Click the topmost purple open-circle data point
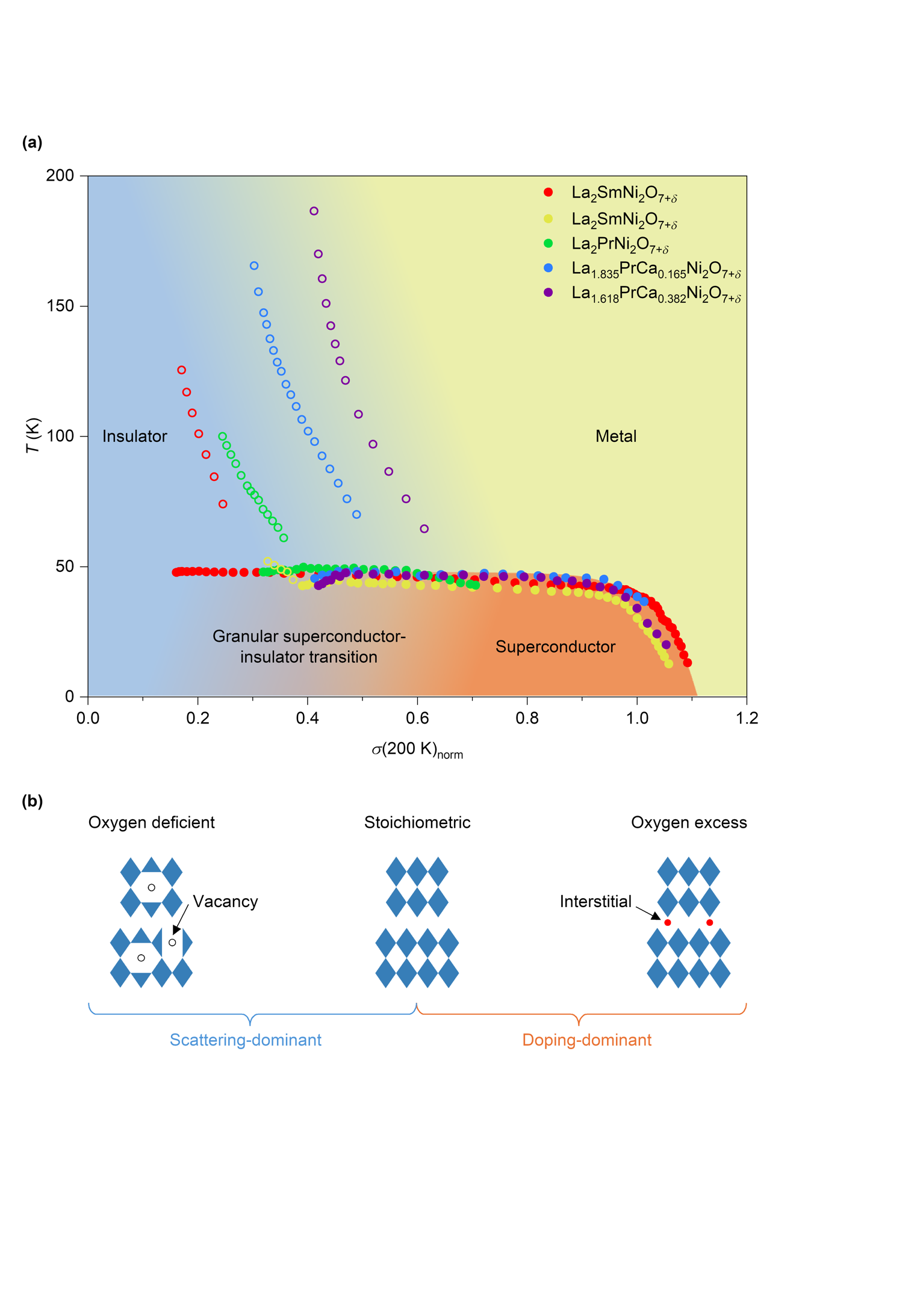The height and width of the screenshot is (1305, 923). pos(314,211)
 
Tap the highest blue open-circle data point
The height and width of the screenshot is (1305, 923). pos(254,266)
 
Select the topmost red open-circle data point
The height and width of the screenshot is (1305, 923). pos(182,370)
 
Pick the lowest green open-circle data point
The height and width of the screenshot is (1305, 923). pos(284,538)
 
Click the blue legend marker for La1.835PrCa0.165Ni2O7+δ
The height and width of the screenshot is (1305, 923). pos(548,267)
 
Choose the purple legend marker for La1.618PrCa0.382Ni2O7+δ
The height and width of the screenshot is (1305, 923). pos(548,293)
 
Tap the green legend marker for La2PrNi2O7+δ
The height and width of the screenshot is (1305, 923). pos(548,243)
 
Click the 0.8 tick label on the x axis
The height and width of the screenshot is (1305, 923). pos(527,718)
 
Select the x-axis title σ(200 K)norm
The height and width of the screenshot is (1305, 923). pos(417,750)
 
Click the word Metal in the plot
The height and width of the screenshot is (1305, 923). pos(615,436)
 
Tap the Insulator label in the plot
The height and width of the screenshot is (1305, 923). pos(134,436)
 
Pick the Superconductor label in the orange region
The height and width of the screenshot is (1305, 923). pos(555,647)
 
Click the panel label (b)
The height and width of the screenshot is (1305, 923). pos(32,801)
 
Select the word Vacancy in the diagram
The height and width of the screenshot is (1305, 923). pos(225,902)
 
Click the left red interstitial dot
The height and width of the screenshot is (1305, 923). pos(667,923)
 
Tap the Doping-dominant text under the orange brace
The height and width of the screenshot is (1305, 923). pos(586,1040)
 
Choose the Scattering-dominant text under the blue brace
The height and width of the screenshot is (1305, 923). pos(245,1040)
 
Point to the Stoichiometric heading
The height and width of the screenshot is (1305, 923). pos(417,823)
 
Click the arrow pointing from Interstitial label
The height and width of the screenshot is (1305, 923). pos(648,913)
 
